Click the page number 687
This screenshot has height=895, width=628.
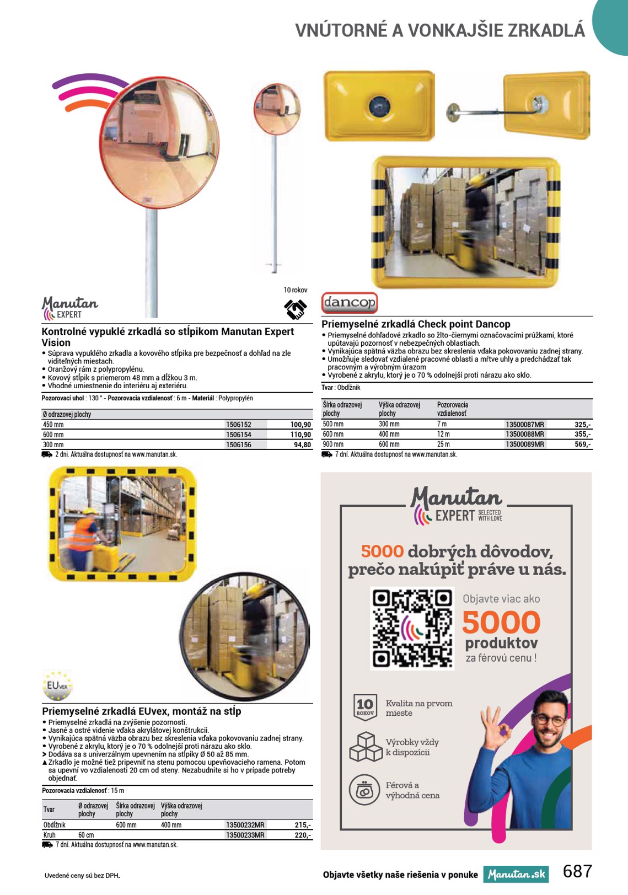click(x=577, y=871)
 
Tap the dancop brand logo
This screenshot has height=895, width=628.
click(x=349, y=302)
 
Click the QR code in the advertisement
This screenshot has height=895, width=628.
click(x=412, y=629)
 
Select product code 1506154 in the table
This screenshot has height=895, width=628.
click(x=239, y=435)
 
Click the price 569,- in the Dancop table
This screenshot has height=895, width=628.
click(x=582, y=444)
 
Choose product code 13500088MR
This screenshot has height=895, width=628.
click(x=524, y=434)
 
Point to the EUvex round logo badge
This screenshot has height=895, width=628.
click(x=57, y=685)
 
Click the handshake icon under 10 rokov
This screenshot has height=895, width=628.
click(x=296, y=309)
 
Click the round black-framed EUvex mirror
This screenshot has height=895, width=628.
click(x=245, y=636)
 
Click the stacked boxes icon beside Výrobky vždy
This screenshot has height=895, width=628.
click(x=366, y=747)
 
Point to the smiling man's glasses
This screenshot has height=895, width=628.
click(x=549, y=720)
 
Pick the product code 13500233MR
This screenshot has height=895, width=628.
click(x=245, y=835)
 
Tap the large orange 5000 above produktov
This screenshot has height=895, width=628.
click(x=501, y=623)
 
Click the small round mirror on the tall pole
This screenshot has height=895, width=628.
click(x=277, y=109)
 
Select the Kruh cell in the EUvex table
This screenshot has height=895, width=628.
click(x=50, y=835)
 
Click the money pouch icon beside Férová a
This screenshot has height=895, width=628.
click(x=364, y=790)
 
